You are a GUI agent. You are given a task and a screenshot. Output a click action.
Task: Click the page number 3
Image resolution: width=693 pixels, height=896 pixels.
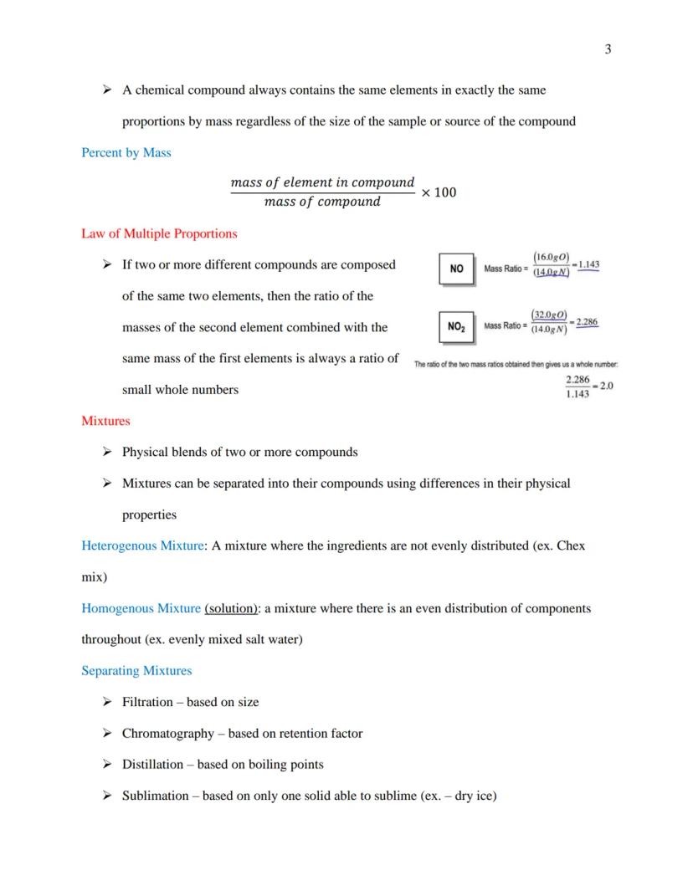pos(608,49)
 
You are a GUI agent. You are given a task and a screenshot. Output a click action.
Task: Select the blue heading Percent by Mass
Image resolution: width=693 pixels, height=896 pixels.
pos(126,152)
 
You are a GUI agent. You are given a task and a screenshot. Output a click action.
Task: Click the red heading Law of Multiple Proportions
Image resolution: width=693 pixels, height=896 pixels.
pos(159,233)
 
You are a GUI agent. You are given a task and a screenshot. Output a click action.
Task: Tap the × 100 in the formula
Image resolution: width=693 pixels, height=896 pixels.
pos(439,192)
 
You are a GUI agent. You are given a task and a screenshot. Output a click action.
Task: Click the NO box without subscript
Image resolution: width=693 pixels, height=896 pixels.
pos(456,269)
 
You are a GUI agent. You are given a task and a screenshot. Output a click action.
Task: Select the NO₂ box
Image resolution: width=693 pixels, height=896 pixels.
pos(456,326)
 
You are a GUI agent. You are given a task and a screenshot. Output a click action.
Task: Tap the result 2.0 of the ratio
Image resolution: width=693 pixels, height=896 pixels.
pos(607,386)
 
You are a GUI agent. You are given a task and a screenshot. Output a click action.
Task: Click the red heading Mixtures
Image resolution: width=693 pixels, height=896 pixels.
pos(105,421)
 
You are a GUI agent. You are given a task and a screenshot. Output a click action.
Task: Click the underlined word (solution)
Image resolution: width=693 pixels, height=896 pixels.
pos(231,608)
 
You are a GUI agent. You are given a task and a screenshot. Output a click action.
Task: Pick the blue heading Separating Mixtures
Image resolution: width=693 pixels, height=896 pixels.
pos(136,671)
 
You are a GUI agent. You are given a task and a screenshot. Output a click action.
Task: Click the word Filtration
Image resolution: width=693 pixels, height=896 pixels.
pos(147,702)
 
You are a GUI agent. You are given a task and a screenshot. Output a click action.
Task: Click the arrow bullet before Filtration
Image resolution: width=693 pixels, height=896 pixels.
pos(106,702)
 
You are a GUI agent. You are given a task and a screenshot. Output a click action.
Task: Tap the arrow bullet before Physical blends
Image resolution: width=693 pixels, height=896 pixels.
pos(106,452)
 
